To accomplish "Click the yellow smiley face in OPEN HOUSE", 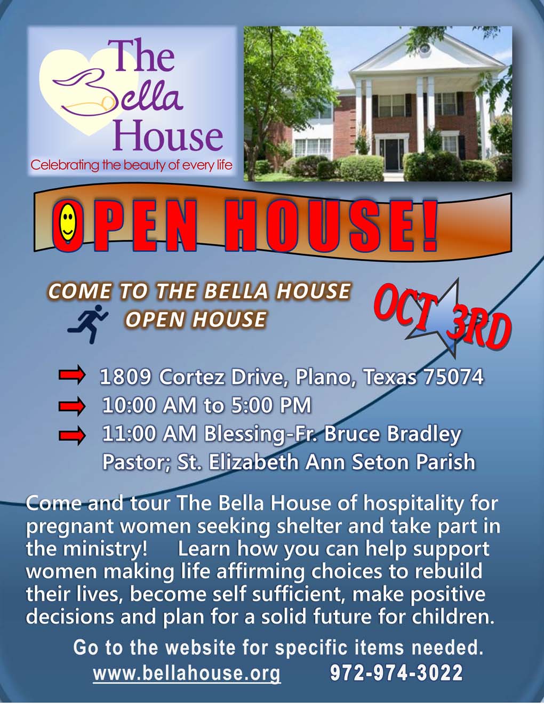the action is pos(68,222).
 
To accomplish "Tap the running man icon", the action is pos(87,324).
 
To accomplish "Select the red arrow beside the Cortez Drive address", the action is pos(72,375).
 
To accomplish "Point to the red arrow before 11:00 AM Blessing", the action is pos(72,435).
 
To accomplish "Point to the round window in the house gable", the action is pos(425,49).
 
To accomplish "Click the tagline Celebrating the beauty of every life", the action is pos(132,165).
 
